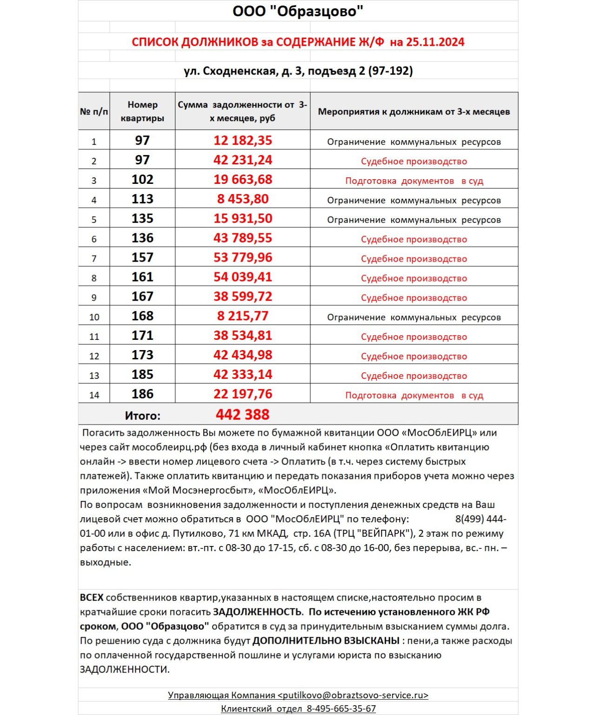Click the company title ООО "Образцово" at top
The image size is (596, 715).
(298, 11)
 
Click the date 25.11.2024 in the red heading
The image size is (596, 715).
(435, 42)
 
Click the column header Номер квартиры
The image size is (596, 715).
(142, 111)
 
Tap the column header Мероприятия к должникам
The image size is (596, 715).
(414, 112)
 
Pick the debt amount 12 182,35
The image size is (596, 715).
(242, 141)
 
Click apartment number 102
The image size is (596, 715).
(142, 180)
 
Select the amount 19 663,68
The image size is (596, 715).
(242, 180)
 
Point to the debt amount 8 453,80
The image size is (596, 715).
(242, 199)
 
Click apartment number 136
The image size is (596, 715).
(142, 238)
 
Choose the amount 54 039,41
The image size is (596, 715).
(242, 277)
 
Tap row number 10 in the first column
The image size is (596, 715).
(94, 317)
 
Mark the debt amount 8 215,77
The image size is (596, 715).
(242, 316)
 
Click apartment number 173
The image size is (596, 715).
(142, 355)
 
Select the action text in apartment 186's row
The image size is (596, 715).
(414, 396)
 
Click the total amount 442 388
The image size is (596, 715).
(242, 415)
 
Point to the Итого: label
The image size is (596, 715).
(142, 416)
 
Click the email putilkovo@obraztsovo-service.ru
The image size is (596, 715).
(353, 695)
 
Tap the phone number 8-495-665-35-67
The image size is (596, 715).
(341, 709)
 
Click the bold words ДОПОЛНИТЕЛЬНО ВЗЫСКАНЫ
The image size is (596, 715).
(326, 641)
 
